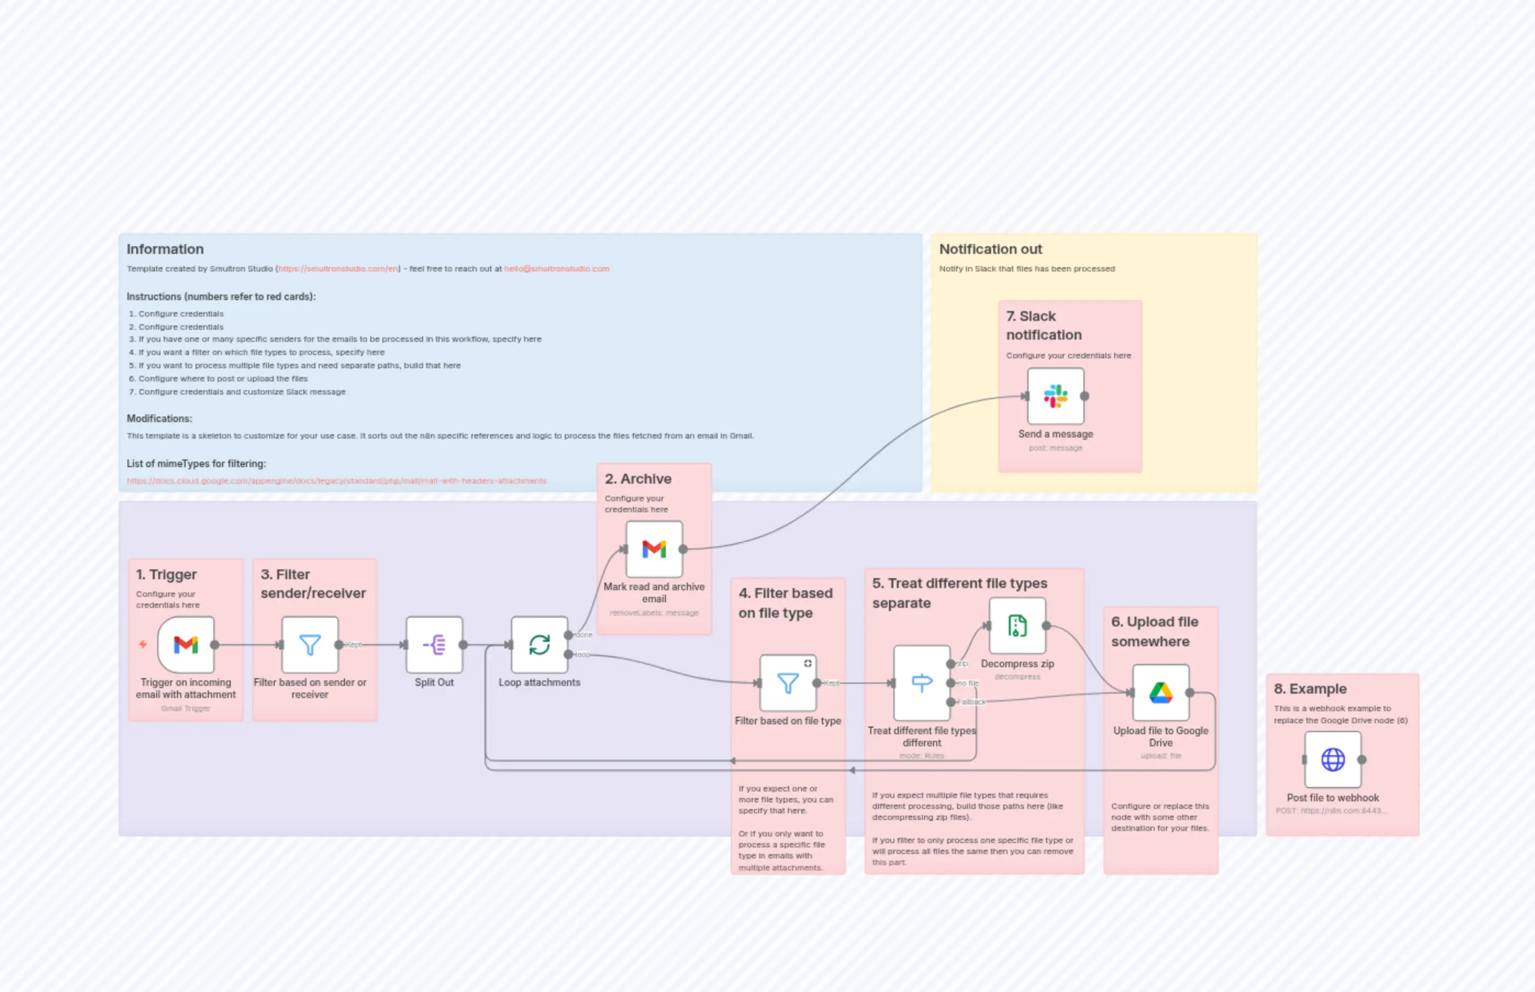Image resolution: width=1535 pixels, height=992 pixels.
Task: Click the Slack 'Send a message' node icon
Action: coord(1055,396)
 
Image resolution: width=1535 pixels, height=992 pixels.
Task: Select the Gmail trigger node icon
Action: coord(186,645)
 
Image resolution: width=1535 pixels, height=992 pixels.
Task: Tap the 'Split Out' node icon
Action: coord(434,645)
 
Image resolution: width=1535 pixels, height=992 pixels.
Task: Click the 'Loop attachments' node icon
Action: coord(539,645)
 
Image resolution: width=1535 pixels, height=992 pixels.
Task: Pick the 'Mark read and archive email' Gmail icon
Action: coord(654,550)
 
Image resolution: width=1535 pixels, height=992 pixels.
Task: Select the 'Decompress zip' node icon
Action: coord(1017,625)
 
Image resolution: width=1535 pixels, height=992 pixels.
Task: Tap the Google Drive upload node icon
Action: coord(1160,693)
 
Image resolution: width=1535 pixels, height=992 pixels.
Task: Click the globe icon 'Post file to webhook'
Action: coord(1332,760)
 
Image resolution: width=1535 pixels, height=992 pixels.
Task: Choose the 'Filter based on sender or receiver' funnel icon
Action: coord(310,645)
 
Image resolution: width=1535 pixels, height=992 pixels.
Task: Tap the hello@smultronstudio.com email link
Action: coord(557,269)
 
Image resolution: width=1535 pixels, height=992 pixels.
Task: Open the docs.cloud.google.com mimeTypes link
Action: coord(336,480)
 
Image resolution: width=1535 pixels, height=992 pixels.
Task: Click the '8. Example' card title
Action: coord(1310,689)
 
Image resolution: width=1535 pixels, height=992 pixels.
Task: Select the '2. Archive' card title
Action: coord(637,479)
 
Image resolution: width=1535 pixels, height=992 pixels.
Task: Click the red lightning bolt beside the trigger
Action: coord(143,644)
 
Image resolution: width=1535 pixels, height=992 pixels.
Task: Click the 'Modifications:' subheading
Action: coord(159,419)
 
